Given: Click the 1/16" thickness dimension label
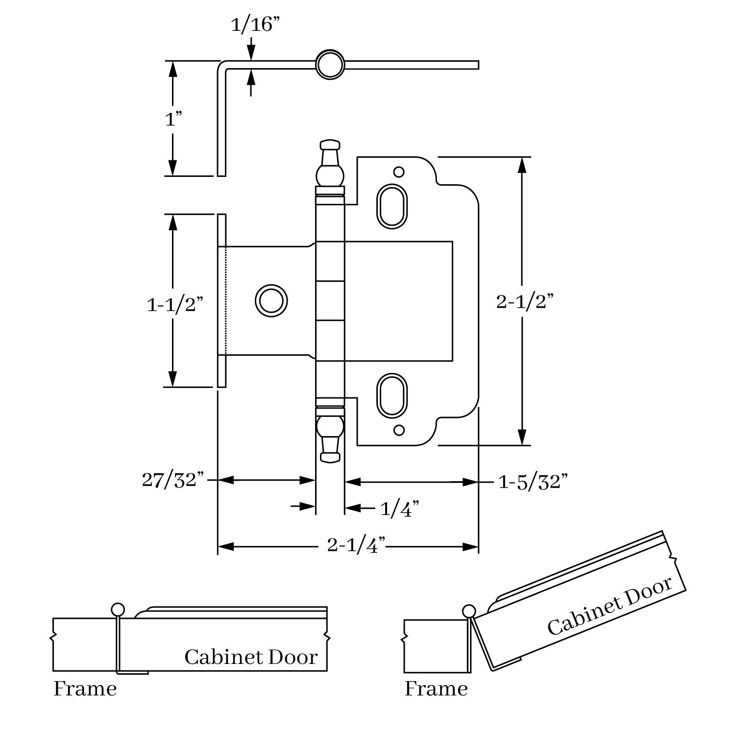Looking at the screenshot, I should pos(251,24).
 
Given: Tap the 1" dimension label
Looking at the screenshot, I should pos(173,119).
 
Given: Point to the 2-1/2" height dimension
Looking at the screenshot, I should pos(525,302).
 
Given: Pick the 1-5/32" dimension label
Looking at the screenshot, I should pos(533,482).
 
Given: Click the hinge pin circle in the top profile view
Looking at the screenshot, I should pos(330,65).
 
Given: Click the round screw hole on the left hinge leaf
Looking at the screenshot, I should pos(271,300).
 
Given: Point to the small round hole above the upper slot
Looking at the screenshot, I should pos(399,172).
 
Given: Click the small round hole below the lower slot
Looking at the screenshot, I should pos(399,430).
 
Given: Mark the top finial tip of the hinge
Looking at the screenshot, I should pos(330,145).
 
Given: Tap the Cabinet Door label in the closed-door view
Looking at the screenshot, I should pos(251,657).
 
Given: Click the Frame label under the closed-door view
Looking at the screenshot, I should pos(85,688).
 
